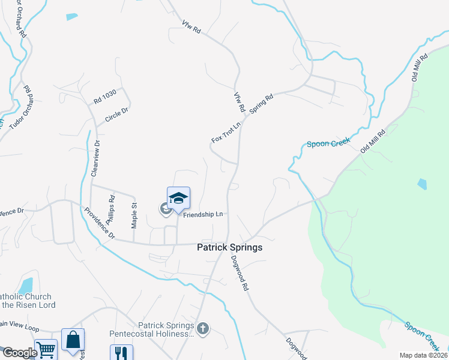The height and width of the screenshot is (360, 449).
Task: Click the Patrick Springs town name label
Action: pos(230,247)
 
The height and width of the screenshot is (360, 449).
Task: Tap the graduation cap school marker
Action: pos(178,197)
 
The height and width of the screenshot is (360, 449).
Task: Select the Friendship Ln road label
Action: pos(203,214)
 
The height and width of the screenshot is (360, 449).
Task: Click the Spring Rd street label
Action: pos(261,104)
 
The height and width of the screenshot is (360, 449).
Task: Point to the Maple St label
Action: pos(134,214)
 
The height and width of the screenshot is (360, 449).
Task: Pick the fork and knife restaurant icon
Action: pos(121,353)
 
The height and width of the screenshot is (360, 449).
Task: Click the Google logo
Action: pos(20,353)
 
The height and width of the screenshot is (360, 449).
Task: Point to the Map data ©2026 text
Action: pos(424,355)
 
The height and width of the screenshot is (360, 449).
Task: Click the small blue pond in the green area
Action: pos(421,183)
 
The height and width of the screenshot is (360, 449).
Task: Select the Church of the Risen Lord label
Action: pos(27,301)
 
